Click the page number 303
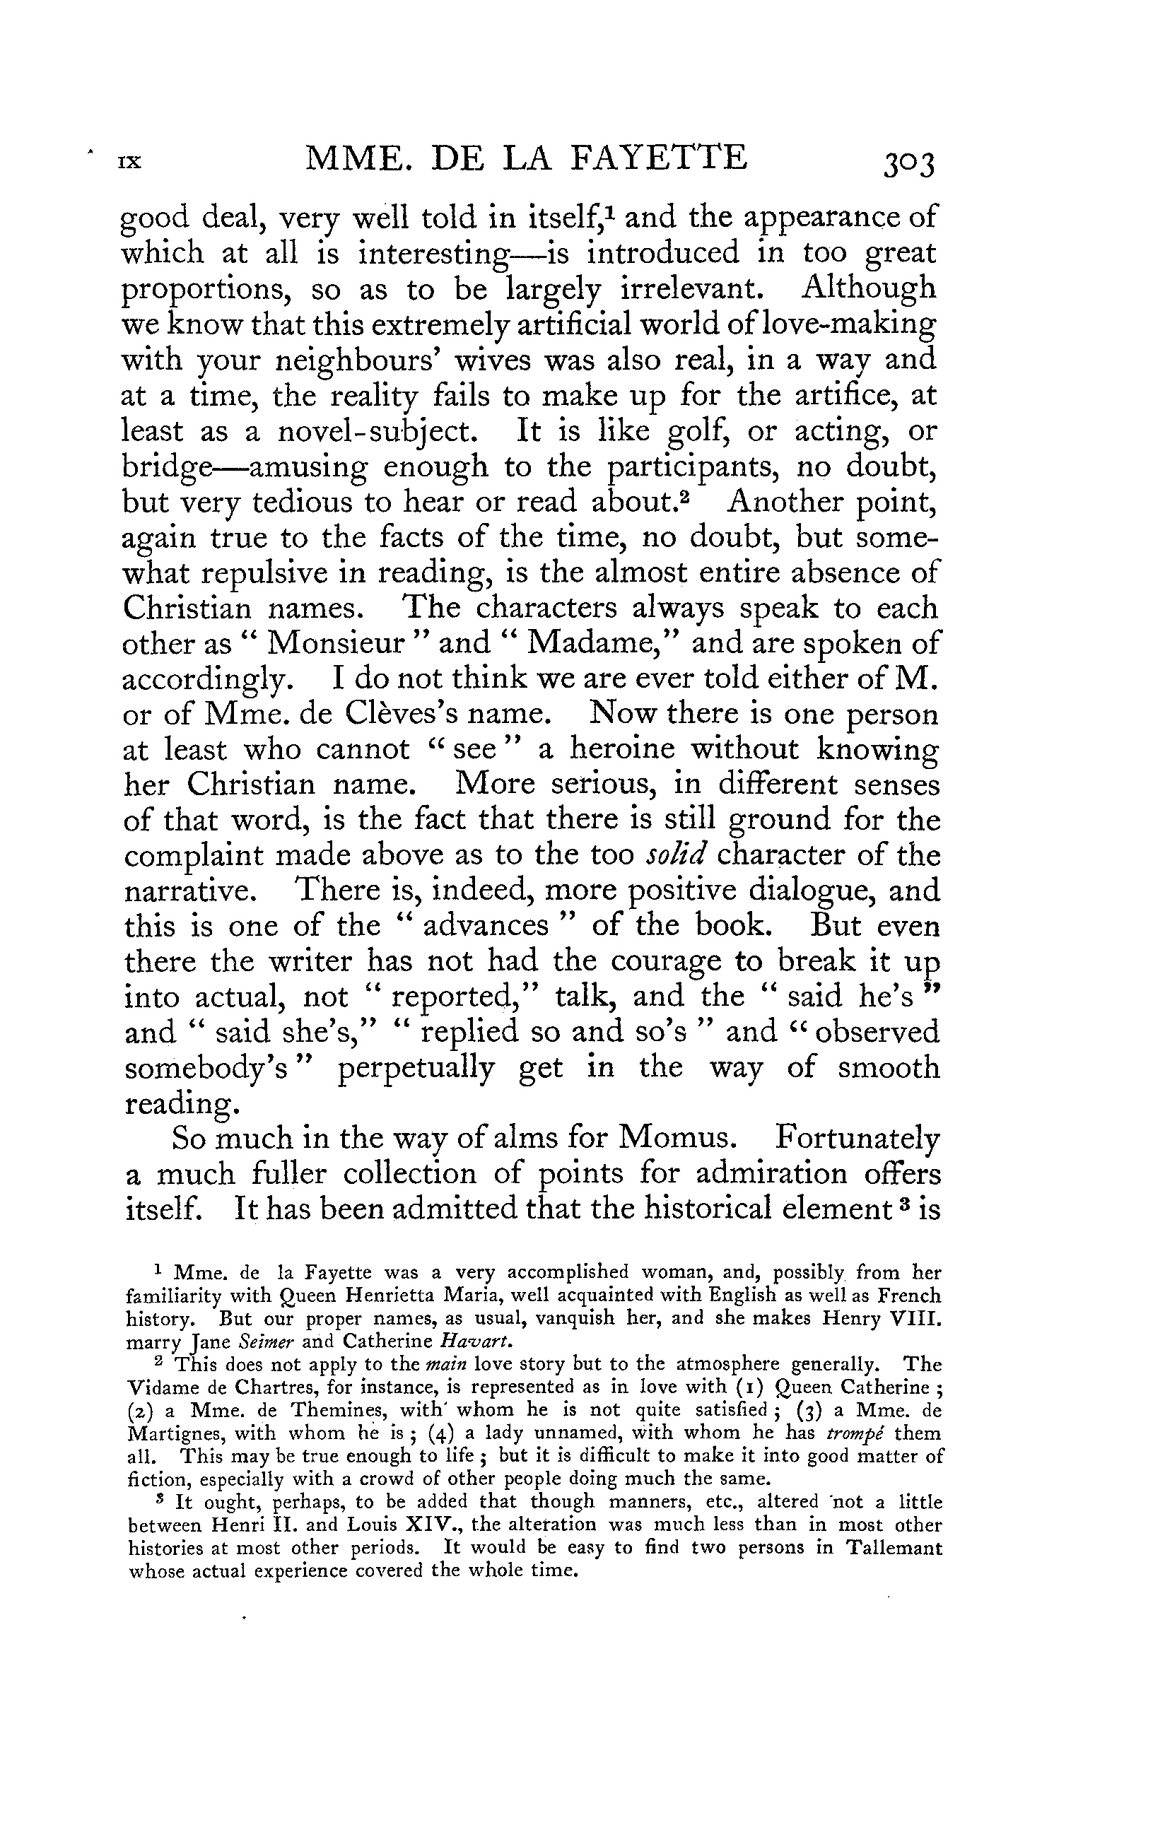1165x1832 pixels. click(x=908, y=163)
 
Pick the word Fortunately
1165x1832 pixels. click(x=857, y=1139)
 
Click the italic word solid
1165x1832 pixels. click(x=677, y=855)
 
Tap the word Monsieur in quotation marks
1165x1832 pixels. click(x=336, y=644)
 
